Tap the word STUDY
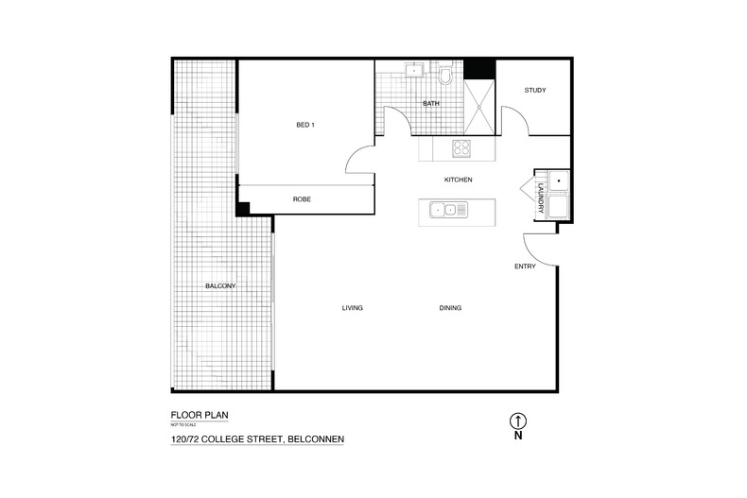(535, 91)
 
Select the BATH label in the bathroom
(430, 104)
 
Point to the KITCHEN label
(458, 180)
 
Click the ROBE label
(302, 200)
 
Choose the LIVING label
(353, 308)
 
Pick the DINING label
(450, 308)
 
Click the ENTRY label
(525, 266)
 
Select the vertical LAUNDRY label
(541, 197)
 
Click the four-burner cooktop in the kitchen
(461, 147)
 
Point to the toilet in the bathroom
(446, 75)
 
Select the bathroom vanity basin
(413, 70)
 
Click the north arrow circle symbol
(517, 421)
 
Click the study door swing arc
(512, 118)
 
